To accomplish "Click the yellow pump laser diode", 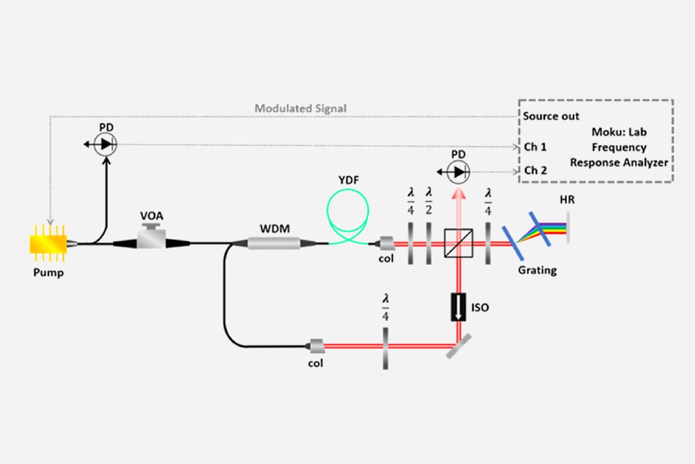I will (48, 244).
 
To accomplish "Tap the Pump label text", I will (48, 272).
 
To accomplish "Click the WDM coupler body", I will (274, 243).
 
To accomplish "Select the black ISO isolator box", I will (459, 307).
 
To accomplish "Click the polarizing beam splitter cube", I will (459, 244).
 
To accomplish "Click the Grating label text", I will (537, 269).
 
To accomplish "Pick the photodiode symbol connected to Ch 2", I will (458, 171).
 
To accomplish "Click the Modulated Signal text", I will (301, 108).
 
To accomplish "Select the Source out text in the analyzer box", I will (551, 117).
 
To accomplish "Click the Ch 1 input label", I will (535, 147).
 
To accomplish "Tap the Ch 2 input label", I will (535, 171).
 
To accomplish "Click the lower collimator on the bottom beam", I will (316, 346).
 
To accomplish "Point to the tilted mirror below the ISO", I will (456, 345).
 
